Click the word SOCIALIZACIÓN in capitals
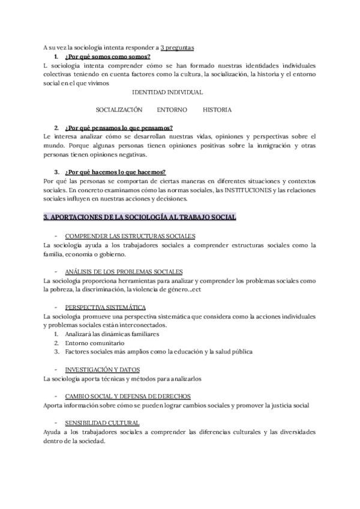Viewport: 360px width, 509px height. (x=119, y=110)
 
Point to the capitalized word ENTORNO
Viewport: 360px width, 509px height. (x=172, y=110)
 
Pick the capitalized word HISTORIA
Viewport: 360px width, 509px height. (x=217, y=110)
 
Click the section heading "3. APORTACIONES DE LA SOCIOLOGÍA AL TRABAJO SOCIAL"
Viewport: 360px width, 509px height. (x=140, y=217)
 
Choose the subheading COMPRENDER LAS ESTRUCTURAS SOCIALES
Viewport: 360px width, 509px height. (x=130, y=236)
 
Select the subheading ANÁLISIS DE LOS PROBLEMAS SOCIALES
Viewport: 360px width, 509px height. (x=124, y=272)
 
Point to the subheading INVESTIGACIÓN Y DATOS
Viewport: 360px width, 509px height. (x=103, y=370)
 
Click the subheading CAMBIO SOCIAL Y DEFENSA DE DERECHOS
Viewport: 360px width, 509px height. (x=128, y=396)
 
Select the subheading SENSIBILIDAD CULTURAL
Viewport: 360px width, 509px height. (x=102, y=423)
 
